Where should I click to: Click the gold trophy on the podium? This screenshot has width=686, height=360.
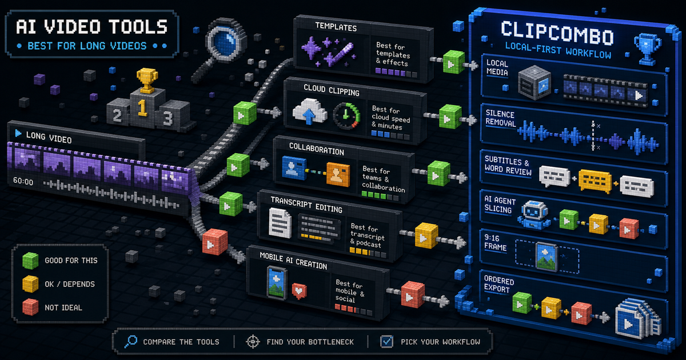pos(147,80)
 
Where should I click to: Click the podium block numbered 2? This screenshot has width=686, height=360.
pos(118,113)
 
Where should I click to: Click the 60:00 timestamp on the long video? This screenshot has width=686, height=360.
pos(23,181)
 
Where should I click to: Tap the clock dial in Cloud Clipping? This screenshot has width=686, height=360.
pos(346,116)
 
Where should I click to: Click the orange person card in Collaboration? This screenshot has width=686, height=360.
pos(338,174)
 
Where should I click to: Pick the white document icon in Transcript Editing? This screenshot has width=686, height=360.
pos(280,223)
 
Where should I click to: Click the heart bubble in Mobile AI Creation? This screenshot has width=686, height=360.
pos(299,290)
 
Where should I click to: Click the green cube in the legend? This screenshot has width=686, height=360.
pos(30,261)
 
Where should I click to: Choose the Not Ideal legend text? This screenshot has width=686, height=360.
pos(63,307)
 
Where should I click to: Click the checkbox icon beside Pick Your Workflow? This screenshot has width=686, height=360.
pos(386,341)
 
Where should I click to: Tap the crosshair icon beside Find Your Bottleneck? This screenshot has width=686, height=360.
pos(253,341)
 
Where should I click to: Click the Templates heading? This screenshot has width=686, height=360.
pos(336,27)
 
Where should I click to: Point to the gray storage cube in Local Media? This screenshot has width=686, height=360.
pos(535,82)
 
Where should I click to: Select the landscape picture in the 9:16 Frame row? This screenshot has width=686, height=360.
pos(547,257)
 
